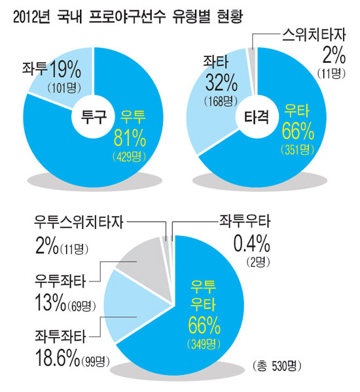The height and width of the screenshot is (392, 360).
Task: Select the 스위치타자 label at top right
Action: click(x=311, y=33)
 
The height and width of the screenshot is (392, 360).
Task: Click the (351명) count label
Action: click(x=298, y=150)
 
